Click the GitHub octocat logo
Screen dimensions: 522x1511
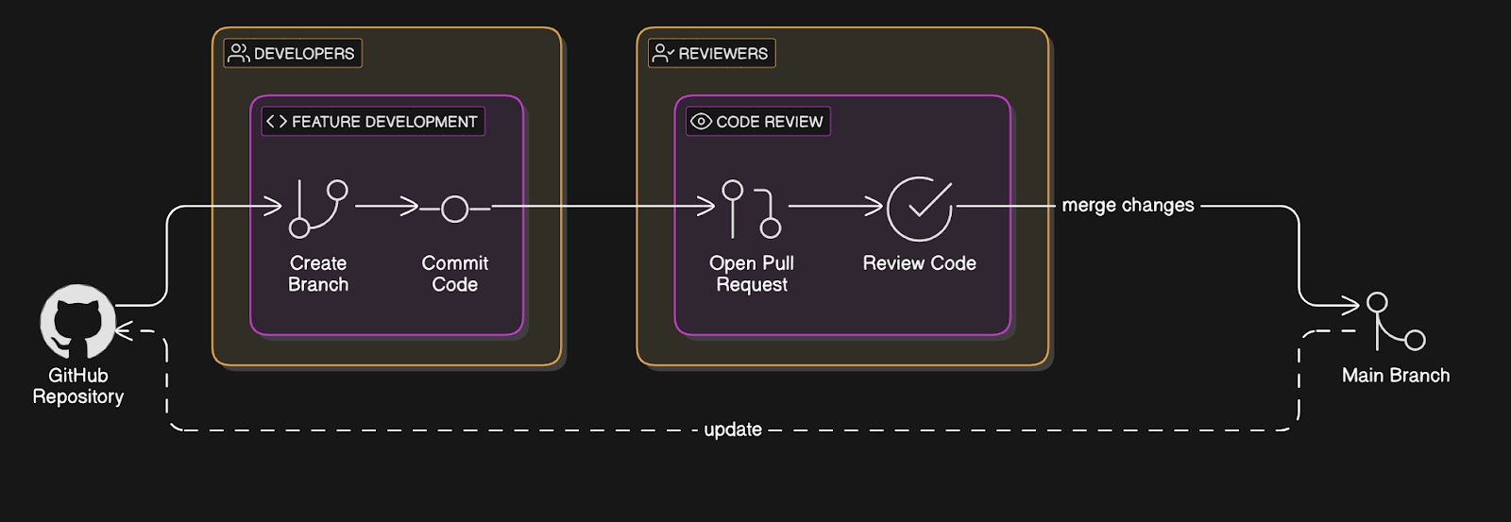click(x=76, y=322)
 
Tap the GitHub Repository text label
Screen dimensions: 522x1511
click(x=78, y=386)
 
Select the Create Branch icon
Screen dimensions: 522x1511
click(x=317, y=208)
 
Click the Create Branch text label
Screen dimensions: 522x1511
click(x=318, y=274)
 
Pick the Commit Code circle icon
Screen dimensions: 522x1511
click(x=455, y=209)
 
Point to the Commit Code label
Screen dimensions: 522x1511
click(x=455, y=274)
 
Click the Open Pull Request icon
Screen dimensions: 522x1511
click(x=752, y=209)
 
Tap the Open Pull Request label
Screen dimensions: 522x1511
click(x=752, y=274)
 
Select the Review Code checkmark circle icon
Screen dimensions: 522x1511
click(x=919, y=209)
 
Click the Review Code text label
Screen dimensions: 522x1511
click(x=919, y=263)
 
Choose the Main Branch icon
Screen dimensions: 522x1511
click(x=1395, y=321)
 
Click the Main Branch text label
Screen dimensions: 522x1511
click(x=1395, y=376)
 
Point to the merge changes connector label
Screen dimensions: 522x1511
click(x=1128, y=205)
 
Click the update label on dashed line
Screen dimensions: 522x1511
click(x=733, y=429)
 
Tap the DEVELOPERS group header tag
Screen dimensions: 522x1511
click(x=293, y=54)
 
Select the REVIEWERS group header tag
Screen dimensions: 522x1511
click(x=712, y=54)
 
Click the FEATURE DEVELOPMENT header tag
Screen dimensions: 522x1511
click(x=373, y=122)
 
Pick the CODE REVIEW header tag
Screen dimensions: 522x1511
click(x=758, y=122)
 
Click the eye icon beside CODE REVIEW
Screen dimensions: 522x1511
click(x=701, y=122)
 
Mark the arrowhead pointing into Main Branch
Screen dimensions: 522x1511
click(x=1352, y=305)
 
